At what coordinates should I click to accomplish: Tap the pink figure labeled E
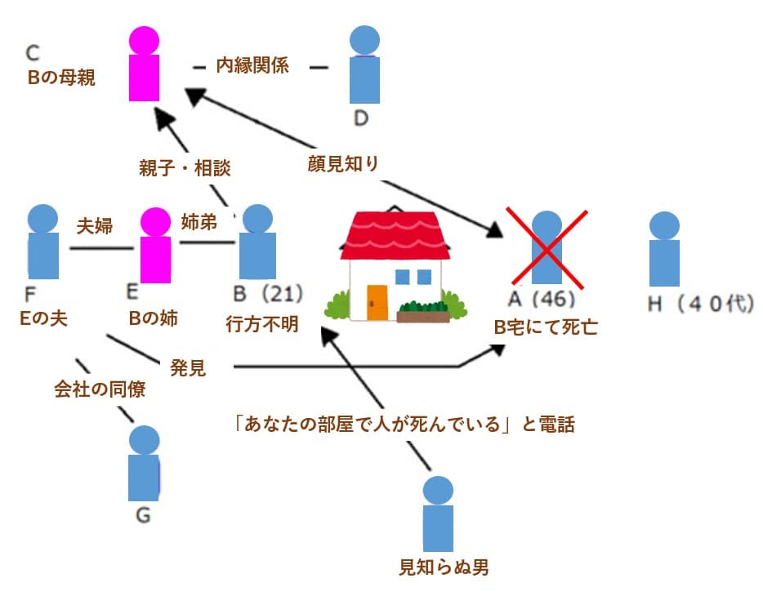[x=154, y=245]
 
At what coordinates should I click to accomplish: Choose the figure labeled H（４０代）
[x=663, y=249]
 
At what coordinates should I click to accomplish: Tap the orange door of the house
[x=377, y=301]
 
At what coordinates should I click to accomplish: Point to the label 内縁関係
[x=252, y=65]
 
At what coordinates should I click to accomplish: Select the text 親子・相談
[x=185, y=168]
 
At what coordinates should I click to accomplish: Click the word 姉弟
[x=199, y=222]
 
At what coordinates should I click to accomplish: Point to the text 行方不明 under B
[x=262, y=324]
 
